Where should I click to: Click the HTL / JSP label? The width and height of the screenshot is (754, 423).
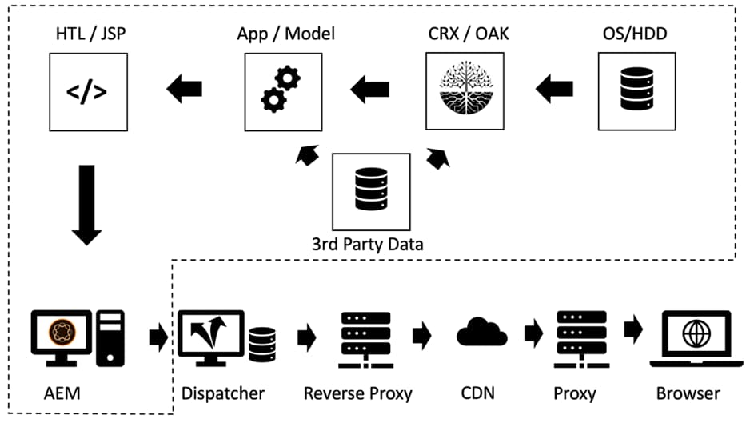[x=86, y=34]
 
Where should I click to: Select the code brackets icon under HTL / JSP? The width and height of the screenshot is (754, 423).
[x=87, y=92]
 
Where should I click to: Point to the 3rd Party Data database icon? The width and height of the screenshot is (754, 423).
[x=371, y=191]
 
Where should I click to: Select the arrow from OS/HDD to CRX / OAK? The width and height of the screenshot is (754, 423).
[x=553, y=90]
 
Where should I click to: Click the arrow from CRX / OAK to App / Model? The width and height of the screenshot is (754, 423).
[x=370, y=90]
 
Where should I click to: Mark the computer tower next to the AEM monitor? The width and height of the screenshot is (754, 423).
[x=112, y=338]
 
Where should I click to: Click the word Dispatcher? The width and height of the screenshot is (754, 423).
[x=222, y=393]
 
